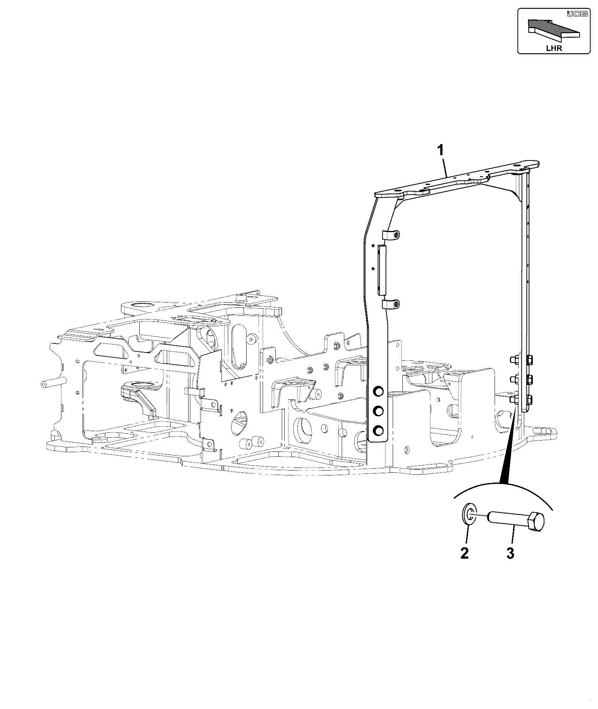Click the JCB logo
coord(573,14)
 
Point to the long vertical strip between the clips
coord(382,270)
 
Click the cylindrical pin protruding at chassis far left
coord(52,383)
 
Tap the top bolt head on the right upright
coord(530,360)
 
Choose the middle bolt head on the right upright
coord(530,380)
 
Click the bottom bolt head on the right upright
coord(530,399)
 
